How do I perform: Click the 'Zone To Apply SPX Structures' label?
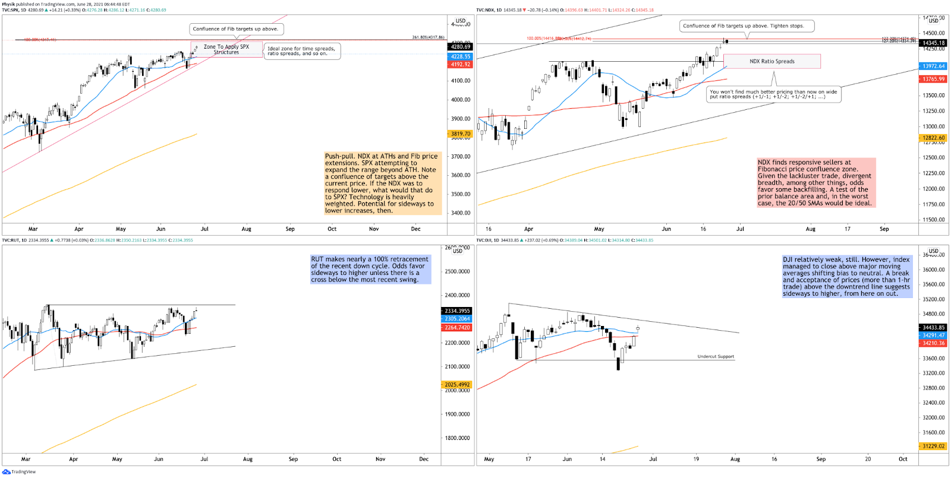226,49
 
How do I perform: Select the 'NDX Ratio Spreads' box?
771,61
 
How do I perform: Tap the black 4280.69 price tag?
461,46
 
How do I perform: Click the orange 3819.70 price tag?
461,134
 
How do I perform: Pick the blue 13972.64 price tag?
933,67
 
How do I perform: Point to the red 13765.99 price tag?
933,79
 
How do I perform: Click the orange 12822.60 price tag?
933,138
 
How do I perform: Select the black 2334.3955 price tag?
457,311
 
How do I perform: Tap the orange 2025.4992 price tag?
457,385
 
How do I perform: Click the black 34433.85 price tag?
933,327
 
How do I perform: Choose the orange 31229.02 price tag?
933,446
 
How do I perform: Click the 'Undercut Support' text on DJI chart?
716,357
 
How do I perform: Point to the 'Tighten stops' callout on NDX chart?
746,26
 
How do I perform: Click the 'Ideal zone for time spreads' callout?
301,51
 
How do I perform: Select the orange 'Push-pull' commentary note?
382,183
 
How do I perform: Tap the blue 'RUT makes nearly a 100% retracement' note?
370,270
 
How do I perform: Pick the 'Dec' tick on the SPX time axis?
416,229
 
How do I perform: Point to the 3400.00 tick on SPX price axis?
460,213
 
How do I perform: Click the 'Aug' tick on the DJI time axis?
735,459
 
